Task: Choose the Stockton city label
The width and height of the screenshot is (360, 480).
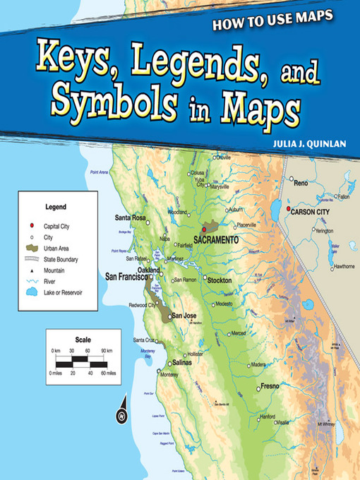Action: point(219,280)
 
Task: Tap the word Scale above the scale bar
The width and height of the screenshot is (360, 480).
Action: point(83,339)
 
